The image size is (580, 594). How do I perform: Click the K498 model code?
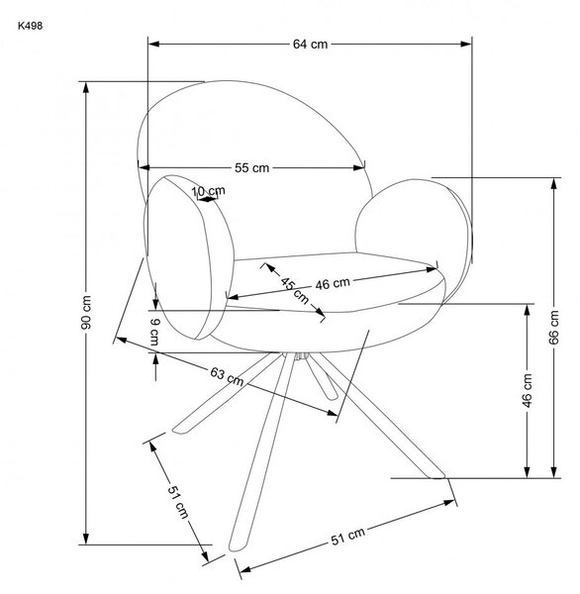click(x=30, y=26)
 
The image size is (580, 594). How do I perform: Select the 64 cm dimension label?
click(x=310, y=45)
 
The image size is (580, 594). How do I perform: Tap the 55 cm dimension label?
click(x=251, y=168)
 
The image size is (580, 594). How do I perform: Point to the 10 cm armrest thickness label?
click(x=208, y=191)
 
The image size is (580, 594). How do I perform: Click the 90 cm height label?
click(x=86, y=313)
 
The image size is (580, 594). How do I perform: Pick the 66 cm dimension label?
click(x=553, y=328)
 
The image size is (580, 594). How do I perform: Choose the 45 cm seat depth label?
click(x=294, y=290)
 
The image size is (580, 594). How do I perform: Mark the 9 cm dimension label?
click(x=154, y=332)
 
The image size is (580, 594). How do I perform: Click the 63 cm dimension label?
click(x=227, y=376)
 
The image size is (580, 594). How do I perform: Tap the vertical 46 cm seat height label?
click(x=527, y=390)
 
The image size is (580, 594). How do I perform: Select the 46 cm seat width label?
click(x=333, y=283)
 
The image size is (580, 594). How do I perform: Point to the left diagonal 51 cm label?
click(x=178, y=502)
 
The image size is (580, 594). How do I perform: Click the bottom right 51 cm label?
click(x=348, y=536)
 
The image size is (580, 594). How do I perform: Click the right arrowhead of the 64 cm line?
click(x=466, y=44)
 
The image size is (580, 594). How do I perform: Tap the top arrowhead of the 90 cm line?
click(x=86, y=87)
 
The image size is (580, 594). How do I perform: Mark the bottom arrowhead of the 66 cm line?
click(x=554, y=472)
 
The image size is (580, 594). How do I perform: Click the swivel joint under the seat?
click(x=301, y=356)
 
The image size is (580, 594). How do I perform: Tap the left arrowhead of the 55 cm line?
click(x=145, y=167)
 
